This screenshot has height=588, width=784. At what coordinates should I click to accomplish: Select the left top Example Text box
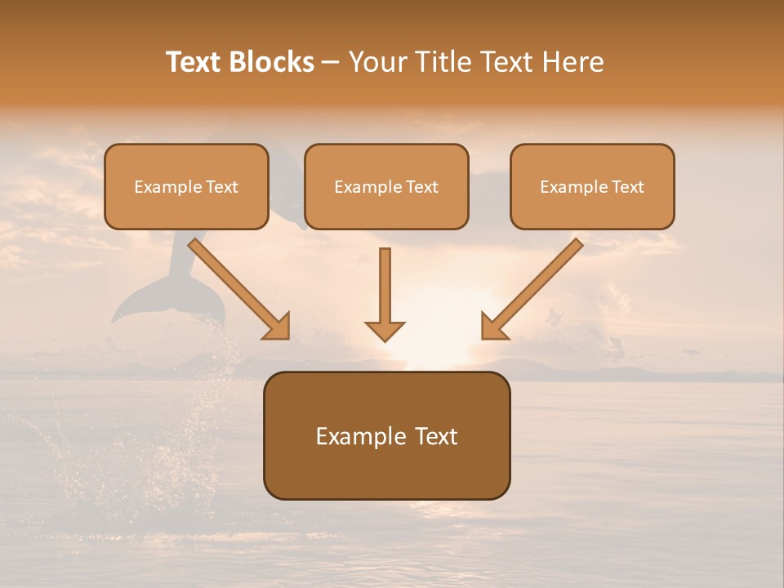(186, 186)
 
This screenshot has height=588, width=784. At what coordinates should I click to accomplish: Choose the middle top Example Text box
(386, 186)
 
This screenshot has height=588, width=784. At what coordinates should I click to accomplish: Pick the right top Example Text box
(592, 186)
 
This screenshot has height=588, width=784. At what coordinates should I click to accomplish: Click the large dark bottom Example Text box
(386, 435)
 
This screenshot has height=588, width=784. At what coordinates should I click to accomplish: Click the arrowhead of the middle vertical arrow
(385, 330)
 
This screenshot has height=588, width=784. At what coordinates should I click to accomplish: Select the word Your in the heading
(379, 62)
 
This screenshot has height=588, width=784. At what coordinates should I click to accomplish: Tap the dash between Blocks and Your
(331, 62)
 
